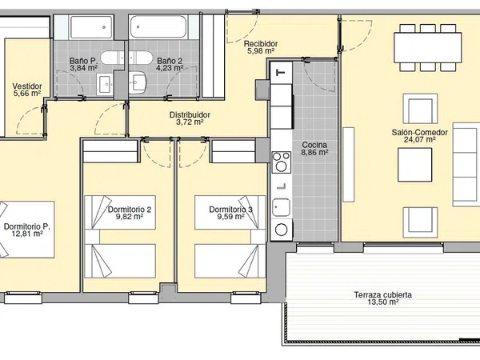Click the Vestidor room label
[x=27, y=86]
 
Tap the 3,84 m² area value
[x=84, y=68]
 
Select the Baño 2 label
[x=170, y=61]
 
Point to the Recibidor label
[x=261, y=44]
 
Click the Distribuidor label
[x=190, y=114]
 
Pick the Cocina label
[x=314, y=145]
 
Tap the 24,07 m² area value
[x=420, y=139]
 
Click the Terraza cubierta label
[x=383, y=294]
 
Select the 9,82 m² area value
[x=129, y=217]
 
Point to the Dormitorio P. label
[x=27, y=226]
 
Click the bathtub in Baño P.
[x=91, y=27]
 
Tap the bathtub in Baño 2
[x=158, y=27]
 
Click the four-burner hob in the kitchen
[x=282, y=162]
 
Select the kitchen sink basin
[x=281, y=207]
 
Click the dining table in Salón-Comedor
[x=428, y=47]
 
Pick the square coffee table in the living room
[x=414, y=165]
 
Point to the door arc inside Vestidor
[x=29, y=119]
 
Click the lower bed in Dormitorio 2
[x=120, y=261]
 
